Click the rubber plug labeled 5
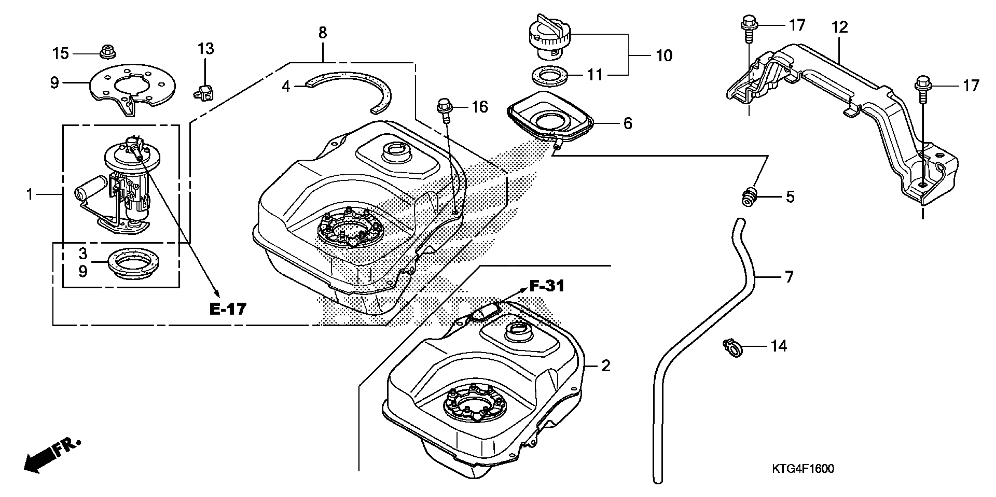[x=748, y=197]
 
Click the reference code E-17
[x=228, y=309]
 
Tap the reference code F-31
[x=546, y=287]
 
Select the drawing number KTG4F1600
[x=803, y=469]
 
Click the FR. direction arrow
[x=50, y=456]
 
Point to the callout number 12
[x=839, y=27]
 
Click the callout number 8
[x=322, y=33]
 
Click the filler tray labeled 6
[x=549, y=116]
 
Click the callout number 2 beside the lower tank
[x=605, y=365]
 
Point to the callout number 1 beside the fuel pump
[x=30, y=194]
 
